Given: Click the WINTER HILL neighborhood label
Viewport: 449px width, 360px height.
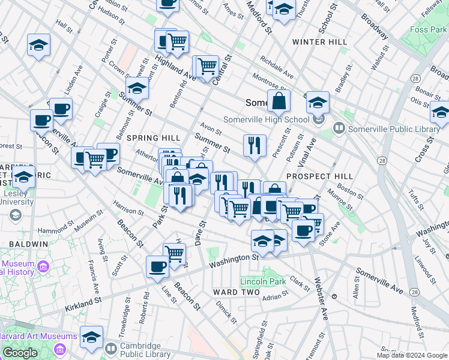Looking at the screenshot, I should (x=319, y=42).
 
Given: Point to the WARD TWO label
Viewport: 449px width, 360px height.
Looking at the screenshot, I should (x=237, y=292).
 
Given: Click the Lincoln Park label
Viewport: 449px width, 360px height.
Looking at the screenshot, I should (x=262, y=281).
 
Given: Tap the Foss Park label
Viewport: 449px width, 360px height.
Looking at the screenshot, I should (x=427, y=29).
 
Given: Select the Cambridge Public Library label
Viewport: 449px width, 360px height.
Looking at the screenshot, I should (x=148, y=350).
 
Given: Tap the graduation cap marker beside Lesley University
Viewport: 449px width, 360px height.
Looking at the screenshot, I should (x=23, y=177).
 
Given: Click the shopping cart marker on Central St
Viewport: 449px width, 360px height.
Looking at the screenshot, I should (x=207, y=65).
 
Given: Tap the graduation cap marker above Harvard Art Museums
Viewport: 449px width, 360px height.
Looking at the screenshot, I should (x=91, y=336).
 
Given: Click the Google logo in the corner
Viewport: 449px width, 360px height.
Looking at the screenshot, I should (x=20, y=353).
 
